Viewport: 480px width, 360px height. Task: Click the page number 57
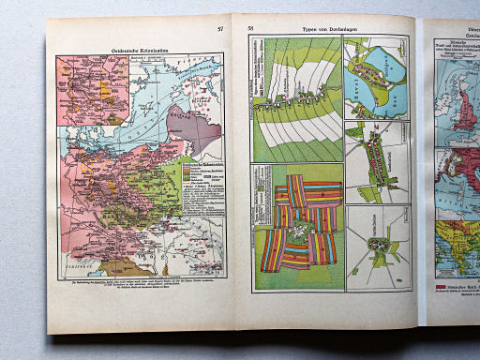(x=219, y=30)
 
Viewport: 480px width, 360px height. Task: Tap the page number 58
(x=250, y=30)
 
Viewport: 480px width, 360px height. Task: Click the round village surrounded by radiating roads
(x=379, y=245)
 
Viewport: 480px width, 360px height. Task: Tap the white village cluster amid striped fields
(x=300, y=221)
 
